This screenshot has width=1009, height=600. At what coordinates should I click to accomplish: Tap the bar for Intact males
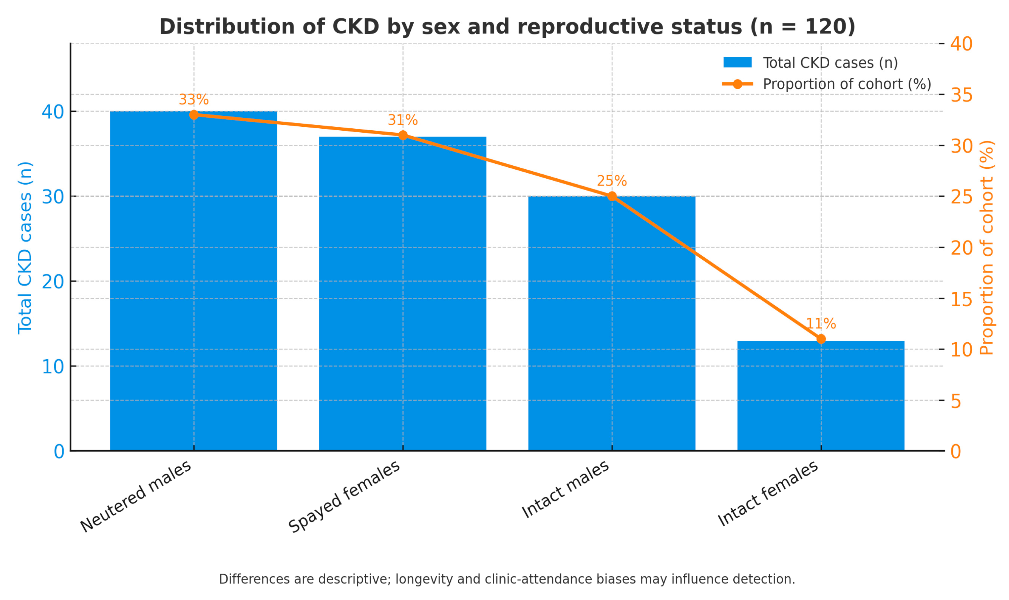coord(612,323)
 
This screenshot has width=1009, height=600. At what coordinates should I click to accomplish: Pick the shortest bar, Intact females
coord(821,396)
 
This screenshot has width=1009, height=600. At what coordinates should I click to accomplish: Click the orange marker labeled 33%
coord(194,115)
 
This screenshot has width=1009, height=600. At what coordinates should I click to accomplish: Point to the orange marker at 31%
coord(403,135)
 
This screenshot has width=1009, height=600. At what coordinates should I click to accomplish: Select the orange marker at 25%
coord(612,196)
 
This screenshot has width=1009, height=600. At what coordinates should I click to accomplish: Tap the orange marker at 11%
coord(821,339)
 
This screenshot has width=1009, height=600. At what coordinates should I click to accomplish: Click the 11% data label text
coord(821,324)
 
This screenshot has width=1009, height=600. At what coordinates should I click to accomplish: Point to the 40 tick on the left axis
coord(53,111)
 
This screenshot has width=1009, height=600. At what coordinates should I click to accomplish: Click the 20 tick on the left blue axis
coord(53,281)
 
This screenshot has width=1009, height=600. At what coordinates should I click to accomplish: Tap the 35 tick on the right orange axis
coord(961,95)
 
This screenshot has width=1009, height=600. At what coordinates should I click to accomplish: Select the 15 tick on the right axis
coord(961,299)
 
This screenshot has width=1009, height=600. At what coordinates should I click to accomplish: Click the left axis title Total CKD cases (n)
coord(25,247)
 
